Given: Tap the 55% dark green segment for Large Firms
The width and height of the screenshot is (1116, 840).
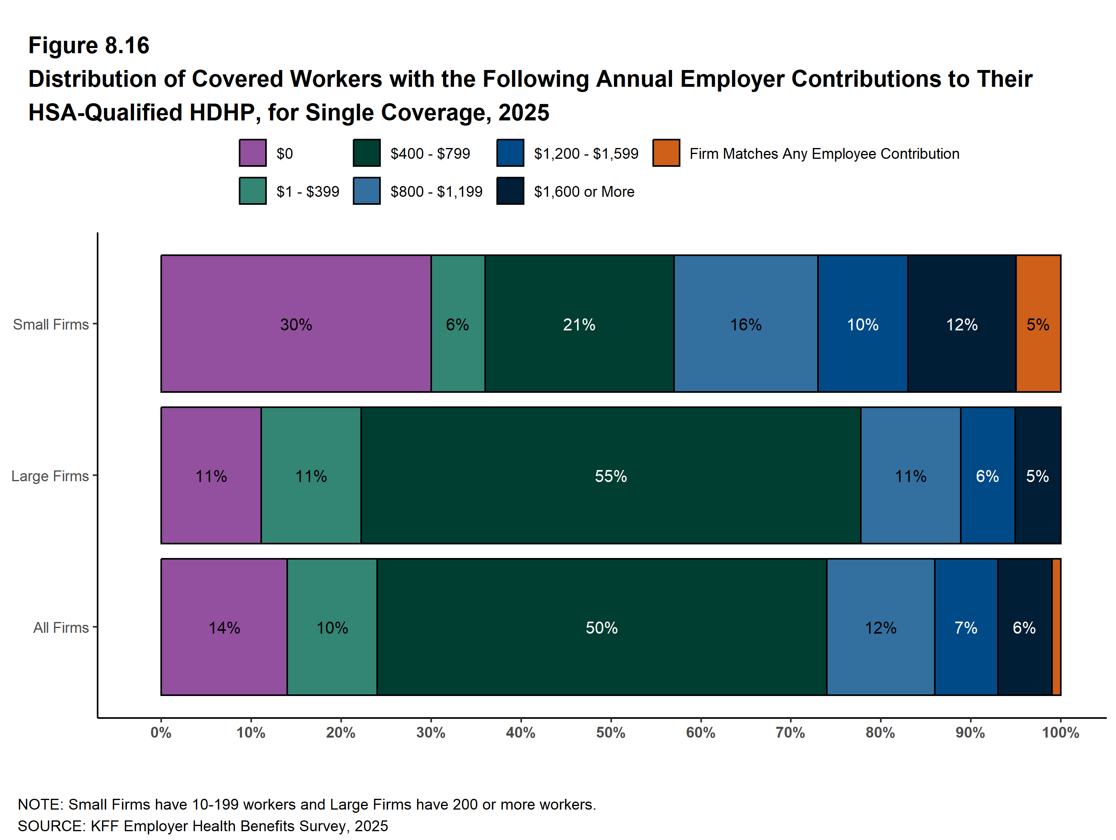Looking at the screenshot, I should tap(610, 475).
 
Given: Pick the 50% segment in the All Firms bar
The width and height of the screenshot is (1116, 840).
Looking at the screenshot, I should tap(601, 627).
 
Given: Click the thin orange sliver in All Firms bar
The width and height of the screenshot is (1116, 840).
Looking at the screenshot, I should tap(1056, 627).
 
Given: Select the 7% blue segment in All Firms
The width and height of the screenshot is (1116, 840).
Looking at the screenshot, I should tap(966, 627).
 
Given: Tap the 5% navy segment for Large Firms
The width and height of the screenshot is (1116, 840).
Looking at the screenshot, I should tap(1038, 475).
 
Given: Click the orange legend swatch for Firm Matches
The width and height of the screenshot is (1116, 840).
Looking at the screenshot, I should tap(666, 153).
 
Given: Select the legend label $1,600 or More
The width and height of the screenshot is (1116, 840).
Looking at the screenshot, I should tap(584, 192).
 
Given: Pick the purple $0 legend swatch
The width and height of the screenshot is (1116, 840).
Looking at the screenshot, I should tap(252, 153).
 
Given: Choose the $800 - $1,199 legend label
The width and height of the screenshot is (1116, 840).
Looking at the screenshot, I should tap(436, 192).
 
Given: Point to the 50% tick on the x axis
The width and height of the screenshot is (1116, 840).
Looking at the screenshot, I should tap(610, 732).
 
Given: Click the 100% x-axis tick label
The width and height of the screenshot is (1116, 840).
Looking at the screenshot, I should tap(1060, 732).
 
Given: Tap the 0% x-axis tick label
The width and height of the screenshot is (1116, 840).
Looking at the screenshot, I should tap(161, 732).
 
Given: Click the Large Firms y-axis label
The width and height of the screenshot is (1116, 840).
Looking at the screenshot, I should tap(50, 476).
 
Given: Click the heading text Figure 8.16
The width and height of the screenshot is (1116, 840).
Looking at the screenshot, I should tap(89, 46).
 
